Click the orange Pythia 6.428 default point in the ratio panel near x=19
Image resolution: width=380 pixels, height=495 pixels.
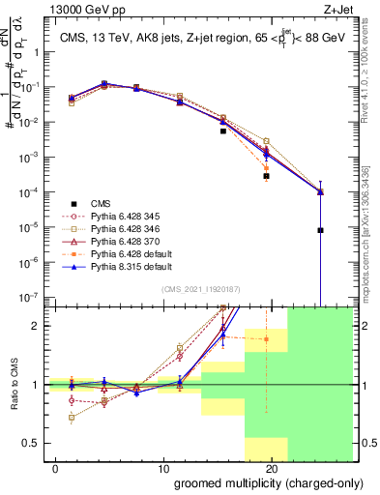click(x=266, y=339)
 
